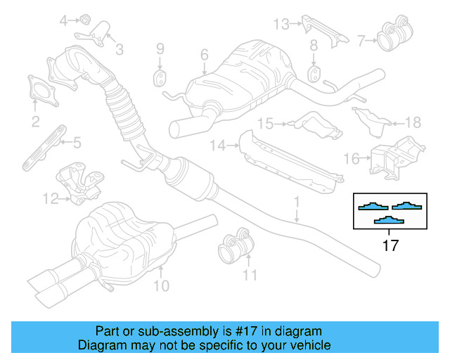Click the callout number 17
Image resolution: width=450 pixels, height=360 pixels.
pyautogui.click(x=390, y=246)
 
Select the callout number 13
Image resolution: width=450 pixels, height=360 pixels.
pyautogui.click(x=281, y=25)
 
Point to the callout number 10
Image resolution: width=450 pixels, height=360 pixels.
pyautogui.click(x=161, y=285)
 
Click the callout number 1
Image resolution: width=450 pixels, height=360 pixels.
pyautogui.click(x=296, y=202)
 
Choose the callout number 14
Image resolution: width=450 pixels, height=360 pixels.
pyautogui.click(x=216, y=146)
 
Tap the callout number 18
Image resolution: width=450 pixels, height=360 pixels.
pyautogui.click(x=413, y=122)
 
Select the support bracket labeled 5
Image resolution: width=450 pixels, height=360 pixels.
pyautogui.click(x=41, y=150)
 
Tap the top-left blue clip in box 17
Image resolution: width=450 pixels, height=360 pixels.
pyautogui.click(x=371, y=206)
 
